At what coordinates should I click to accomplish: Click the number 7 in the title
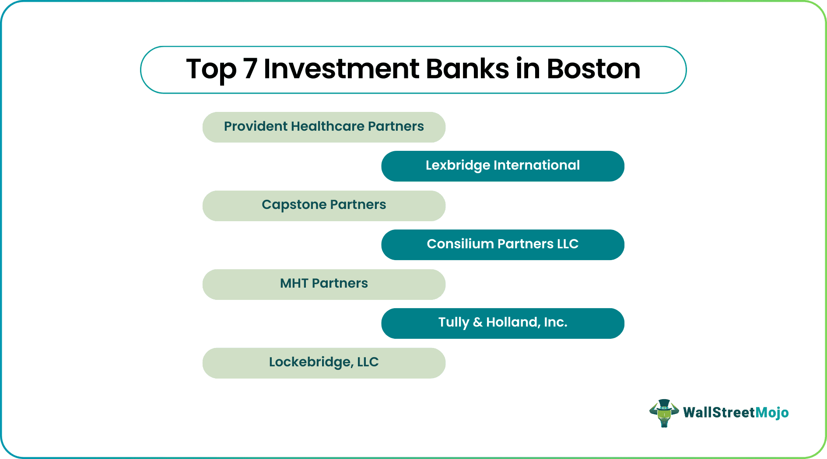coord(250,69)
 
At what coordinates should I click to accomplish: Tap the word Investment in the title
coord(341,69)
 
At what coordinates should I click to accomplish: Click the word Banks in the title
coord(467,69)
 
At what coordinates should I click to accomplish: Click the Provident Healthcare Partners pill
coord(324,127)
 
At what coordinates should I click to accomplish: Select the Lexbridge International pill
coord(502,166)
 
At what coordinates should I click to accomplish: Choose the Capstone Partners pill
coord(324,205)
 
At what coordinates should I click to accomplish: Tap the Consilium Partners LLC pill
coord(502,244)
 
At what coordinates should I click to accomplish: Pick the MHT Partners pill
coord(324,284)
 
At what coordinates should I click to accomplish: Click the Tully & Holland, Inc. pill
coord(502,323)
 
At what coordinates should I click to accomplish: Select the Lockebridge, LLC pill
coord(324,363)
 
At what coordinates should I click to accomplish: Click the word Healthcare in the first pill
coord(327,126)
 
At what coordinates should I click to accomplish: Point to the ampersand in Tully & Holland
coord(477,323)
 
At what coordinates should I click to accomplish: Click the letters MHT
coord(294,283)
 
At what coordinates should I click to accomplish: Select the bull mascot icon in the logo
coord(664,413)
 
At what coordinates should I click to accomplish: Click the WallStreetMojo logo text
coord(736,413)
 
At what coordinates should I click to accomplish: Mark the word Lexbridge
coord(458,166)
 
